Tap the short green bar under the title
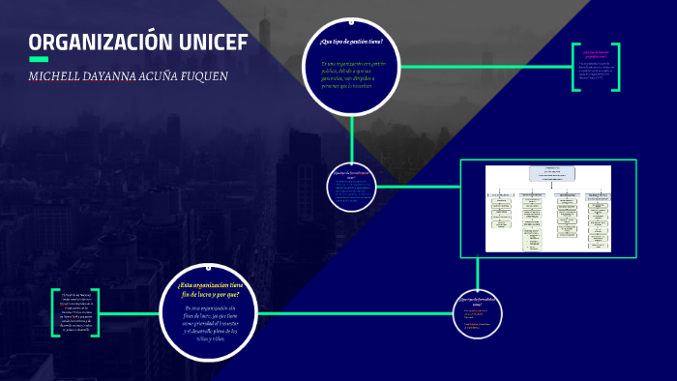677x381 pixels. (39, 60)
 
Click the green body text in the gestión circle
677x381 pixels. (350, 74)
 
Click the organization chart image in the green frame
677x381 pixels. (547, 208)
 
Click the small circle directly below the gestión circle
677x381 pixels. (351, 186)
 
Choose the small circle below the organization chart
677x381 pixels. (476, 316)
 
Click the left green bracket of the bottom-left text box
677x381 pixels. (54, 313)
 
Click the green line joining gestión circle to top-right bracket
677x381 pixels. (484, 67)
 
